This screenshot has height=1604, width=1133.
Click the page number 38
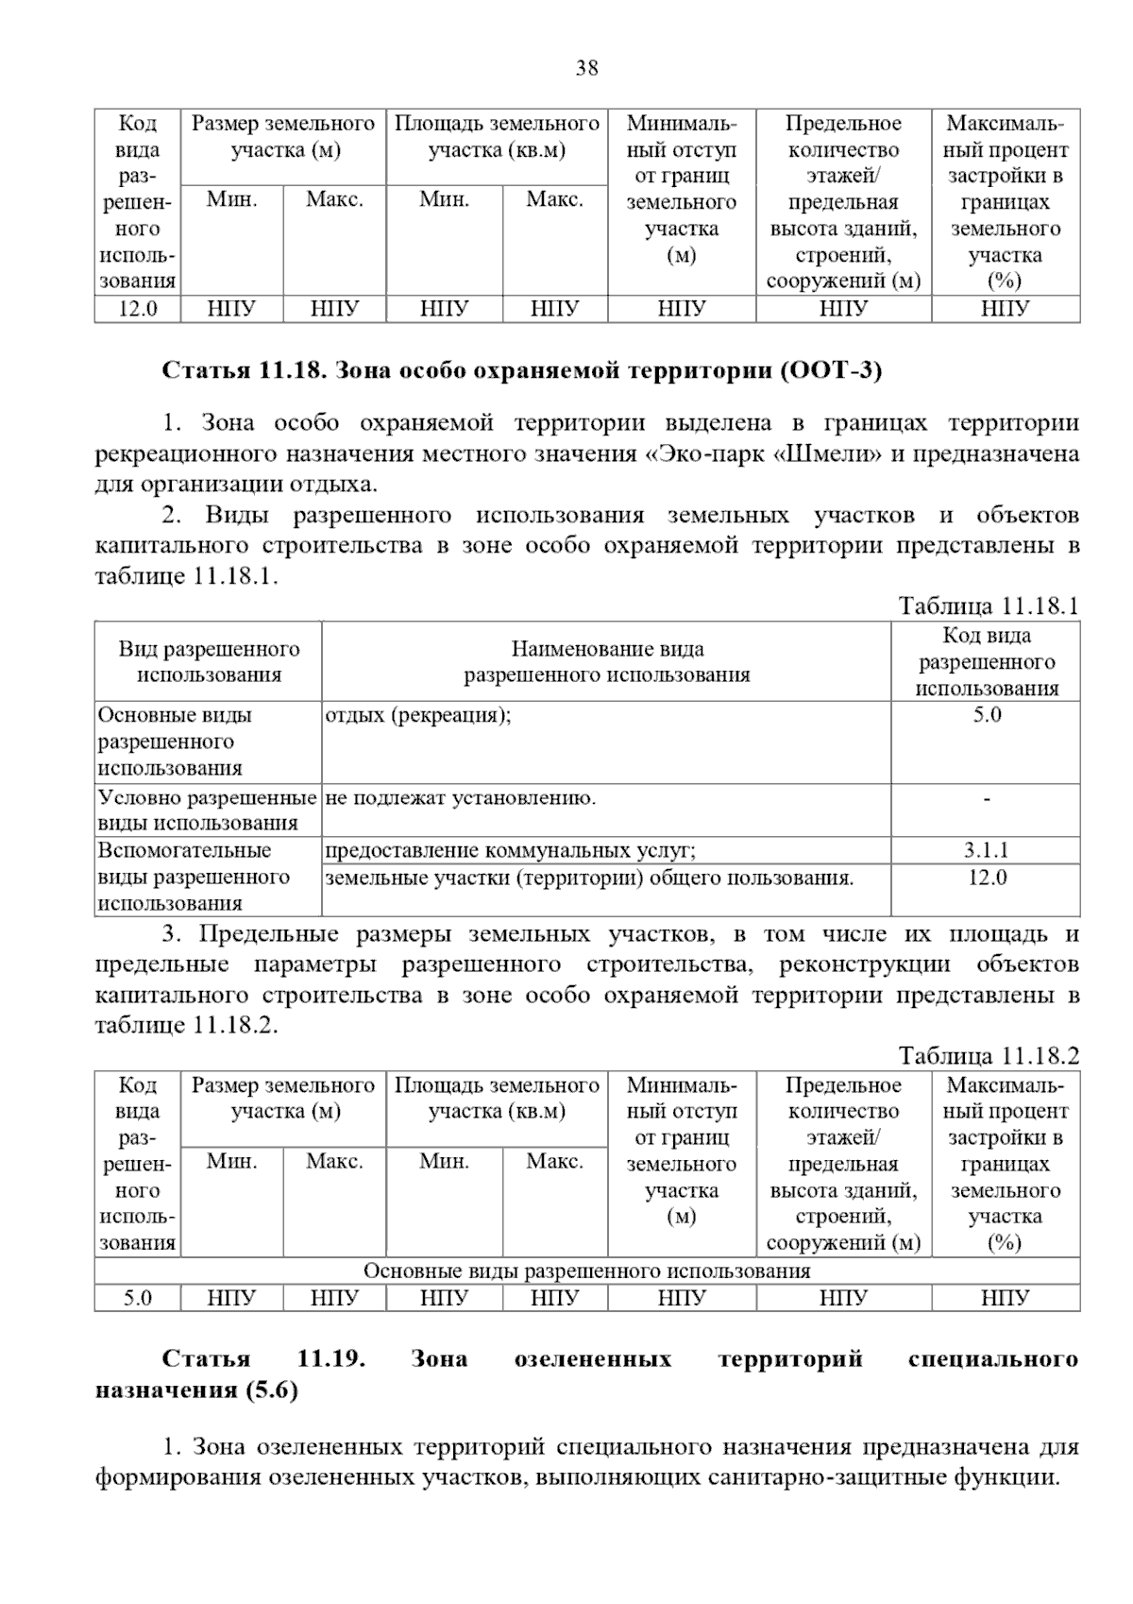[586, 68]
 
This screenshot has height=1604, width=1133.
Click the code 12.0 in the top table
[137, 309]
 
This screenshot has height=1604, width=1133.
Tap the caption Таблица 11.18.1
[988, 606]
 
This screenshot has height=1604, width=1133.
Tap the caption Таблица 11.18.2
[988, 1055]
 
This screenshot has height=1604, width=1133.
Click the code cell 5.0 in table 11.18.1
[987, 715]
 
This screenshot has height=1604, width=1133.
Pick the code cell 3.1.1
[987, 850]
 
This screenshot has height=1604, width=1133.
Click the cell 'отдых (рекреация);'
[418, 715]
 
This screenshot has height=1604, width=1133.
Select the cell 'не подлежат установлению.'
[460, 798]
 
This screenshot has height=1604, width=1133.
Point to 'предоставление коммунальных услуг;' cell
[510, 850]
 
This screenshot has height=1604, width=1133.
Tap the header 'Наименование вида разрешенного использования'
[606, 661]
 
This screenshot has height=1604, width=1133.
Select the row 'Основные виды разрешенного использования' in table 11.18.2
[586, 1271]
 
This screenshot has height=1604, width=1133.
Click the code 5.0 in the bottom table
[137, 1299]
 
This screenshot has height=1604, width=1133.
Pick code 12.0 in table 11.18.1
[987, 878]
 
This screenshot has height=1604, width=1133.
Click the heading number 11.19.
[330, 1359]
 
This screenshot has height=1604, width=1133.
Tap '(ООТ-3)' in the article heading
[831, 371]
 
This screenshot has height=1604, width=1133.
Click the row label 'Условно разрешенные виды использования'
[207, 811]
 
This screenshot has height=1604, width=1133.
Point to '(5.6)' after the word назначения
[272, 1391]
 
